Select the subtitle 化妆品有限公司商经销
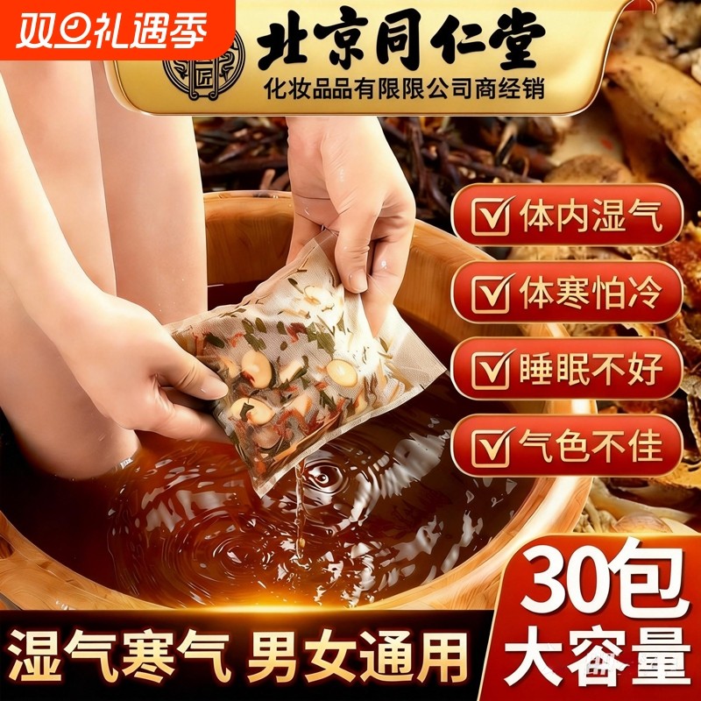(x=400, y=90)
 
